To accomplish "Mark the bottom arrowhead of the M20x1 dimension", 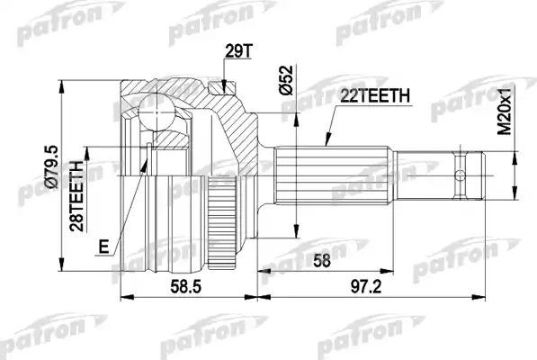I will coord(515,191).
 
